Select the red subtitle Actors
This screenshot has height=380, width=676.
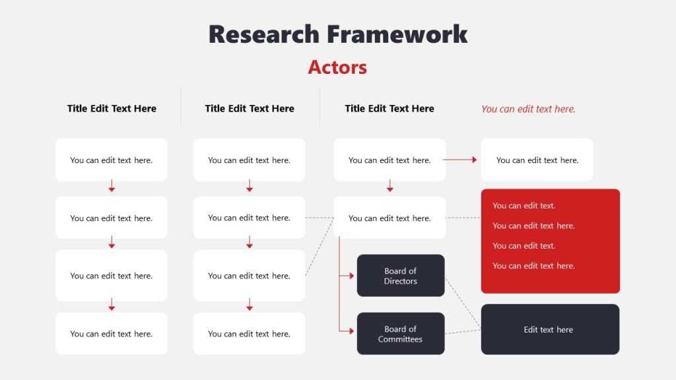[337, 67]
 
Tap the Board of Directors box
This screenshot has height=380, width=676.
[401, 276]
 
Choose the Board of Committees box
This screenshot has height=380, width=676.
[401, 334]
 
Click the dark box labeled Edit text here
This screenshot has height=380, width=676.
[550, 329]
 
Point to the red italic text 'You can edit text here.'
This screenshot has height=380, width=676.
[528, 109]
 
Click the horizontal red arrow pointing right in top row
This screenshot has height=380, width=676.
[460, 160]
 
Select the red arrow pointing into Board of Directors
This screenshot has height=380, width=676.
[347, 276]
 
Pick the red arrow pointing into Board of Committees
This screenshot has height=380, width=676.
[347, 331]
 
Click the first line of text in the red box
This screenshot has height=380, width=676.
[524, 206]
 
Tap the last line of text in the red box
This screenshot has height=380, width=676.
[533, 266]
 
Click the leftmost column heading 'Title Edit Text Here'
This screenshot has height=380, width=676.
[112, 109]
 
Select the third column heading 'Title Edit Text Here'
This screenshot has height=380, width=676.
[389, 109]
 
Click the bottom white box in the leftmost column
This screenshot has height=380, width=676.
[112, 334]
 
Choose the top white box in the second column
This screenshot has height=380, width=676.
[249, 160]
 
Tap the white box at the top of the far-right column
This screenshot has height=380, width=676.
[537, 160]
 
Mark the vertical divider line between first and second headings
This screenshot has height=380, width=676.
[181, 106]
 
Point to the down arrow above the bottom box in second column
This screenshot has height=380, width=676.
[250, 305]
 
